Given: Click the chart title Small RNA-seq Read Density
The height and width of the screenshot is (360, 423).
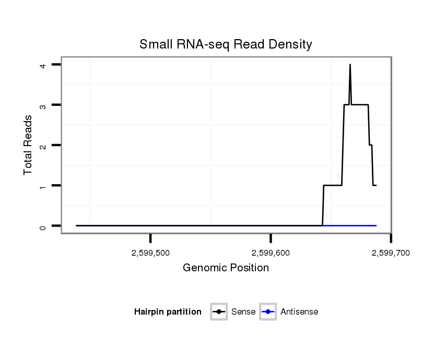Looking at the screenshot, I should (x=226, y=44).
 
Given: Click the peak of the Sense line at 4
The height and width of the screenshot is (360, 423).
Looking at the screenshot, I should (x=350, y=65).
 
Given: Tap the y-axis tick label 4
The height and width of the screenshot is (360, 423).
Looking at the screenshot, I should (x=43, y=65).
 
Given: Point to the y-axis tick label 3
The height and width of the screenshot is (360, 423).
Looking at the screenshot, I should (x=43, y=105).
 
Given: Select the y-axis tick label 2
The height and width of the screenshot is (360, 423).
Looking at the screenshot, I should (x=43, y=145).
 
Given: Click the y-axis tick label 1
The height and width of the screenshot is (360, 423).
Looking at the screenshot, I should (x=43, y=185).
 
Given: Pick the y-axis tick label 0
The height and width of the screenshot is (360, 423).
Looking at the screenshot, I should (x=43, y=226).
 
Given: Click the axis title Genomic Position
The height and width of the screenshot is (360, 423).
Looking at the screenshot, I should (x=226, y=268).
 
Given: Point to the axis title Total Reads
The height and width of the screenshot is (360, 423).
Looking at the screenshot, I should (x=28, y=145).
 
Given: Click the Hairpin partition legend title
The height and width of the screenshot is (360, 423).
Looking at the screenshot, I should (x=168, y=312).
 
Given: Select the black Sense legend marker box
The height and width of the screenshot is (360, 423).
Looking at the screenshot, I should (x=219, y=312).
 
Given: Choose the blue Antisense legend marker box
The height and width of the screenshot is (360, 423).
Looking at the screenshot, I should (x=268, y=312).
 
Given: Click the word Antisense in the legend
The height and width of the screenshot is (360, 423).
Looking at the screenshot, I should (x=299, y=312).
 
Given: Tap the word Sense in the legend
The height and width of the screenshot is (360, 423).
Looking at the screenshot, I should (x=243, y=312).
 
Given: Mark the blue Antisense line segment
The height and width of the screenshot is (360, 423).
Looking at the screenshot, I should (x=355, y=225).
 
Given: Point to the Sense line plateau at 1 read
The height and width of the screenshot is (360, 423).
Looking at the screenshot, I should (x=333, y=185).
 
